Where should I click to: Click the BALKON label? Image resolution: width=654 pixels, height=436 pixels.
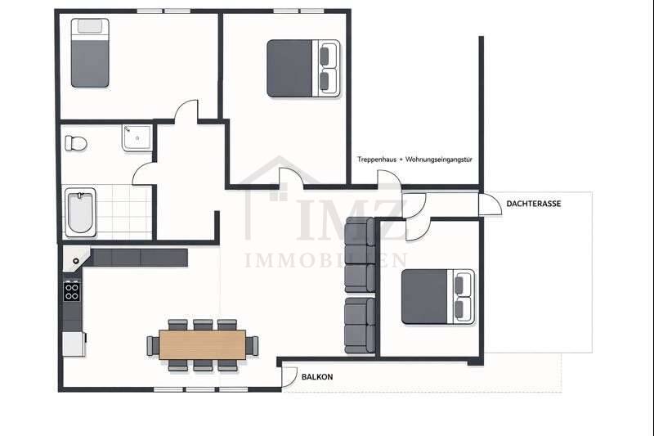(317, 377)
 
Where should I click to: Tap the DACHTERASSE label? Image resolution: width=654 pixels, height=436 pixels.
(533, 204)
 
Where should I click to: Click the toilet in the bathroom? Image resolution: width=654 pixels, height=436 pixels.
(76, 142)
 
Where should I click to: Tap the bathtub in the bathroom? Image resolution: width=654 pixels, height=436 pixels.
(80, 211)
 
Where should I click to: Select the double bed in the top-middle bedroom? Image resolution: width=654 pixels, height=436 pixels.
(303, 69)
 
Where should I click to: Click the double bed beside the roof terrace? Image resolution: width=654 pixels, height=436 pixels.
(438, 296)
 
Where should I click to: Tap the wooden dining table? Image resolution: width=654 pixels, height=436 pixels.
(203, 344)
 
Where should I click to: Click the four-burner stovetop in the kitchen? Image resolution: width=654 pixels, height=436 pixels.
(72, 290)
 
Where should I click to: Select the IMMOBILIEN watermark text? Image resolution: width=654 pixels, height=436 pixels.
(326, 260)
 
